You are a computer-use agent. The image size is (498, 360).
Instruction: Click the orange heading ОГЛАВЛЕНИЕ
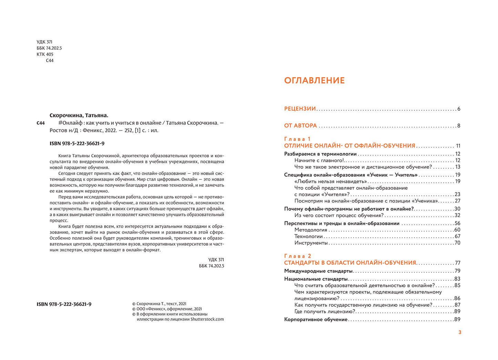pos(314,81)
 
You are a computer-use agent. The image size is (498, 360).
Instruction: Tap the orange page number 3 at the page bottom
pos(460,332)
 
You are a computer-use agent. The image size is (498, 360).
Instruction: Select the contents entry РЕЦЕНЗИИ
pos(300,109)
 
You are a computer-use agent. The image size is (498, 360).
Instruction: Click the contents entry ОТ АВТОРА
pos(301,126)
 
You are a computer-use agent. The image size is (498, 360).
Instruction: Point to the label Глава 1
pos(297,139)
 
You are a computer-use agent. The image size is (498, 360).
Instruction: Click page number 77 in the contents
pos(457,263)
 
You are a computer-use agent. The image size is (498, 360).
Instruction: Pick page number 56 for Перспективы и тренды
pos(457,224)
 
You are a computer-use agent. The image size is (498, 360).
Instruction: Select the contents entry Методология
pos(311,230)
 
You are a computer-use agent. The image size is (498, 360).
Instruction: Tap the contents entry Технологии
pos(308,237)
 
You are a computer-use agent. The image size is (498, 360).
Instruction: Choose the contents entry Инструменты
pos(311,243)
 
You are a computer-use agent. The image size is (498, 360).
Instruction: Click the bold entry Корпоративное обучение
pos(316,320)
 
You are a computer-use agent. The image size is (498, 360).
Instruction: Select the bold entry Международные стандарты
pos(318,271)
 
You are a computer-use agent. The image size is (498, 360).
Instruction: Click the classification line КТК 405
pos(45,54)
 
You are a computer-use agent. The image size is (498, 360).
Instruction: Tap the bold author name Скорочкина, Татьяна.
pos(79,115)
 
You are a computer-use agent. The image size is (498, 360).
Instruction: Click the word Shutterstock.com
pos(207,319)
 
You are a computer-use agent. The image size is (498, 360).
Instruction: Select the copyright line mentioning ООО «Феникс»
pos(167,309)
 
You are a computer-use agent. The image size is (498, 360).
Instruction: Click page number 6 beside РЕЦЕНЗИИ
pos(459,109)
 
